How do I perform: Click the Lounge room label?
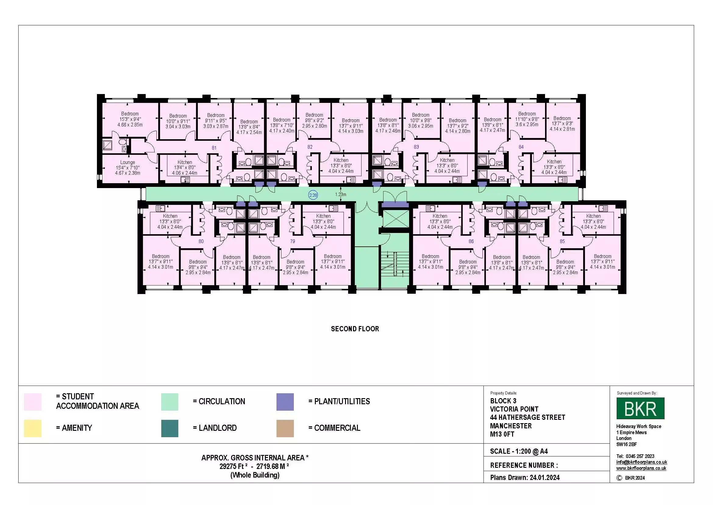tap(128, 162)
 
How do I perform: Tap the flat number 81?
tap(214, 148)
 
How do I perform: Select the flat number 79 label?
tap(293, 241)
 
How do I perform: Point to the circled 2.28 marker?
tap(313, 195)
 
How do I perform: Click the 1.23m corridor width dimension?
tap(341, 195)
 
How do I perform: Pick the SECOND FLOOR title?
tap(355, 329)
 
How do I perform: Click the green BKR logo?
tap(640, 408)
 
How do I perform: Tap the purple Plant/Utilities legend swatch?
tap(285, 402)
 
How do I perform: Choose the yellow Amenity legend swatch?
tap(33, 428)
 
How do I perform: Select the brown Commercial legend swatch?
tap(285, 428)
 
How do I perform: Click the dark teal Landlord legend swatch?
tap(169, 428)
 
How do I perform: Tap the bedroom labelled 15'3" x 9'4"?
tap(130, 119)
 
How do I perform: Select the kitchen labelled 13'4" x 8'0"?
tap(185, 168)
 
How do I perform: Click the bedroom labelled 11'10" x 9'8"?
tap(527, 119)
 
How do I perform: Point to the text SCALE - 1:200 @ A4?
tap(519, 451)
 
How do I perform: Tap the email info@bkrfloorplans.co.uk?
tap(642, 462)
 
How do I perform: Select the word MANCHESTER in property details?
tap(511, 426)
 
